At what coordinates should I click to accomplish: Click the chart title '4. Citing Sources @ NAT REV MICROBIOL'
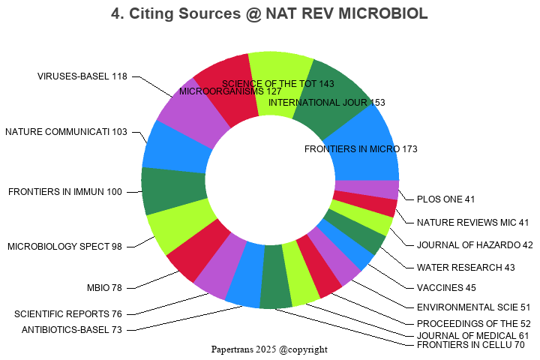[x=270, y=13]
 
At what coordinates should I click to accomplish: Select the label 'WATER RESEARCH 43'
[x=466, y=268]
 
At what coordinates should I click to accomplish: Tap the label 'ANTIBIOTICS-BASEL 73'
[x=71, y=330]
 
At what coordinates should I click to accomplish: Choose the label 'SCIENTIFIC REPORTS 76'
[x=68, y=313]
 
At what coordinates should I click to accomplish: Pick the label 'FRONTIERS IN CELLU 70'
[x=470, y=345]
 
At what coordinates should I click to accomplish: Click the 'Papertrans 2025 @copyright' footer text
[x=270, y=349]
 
